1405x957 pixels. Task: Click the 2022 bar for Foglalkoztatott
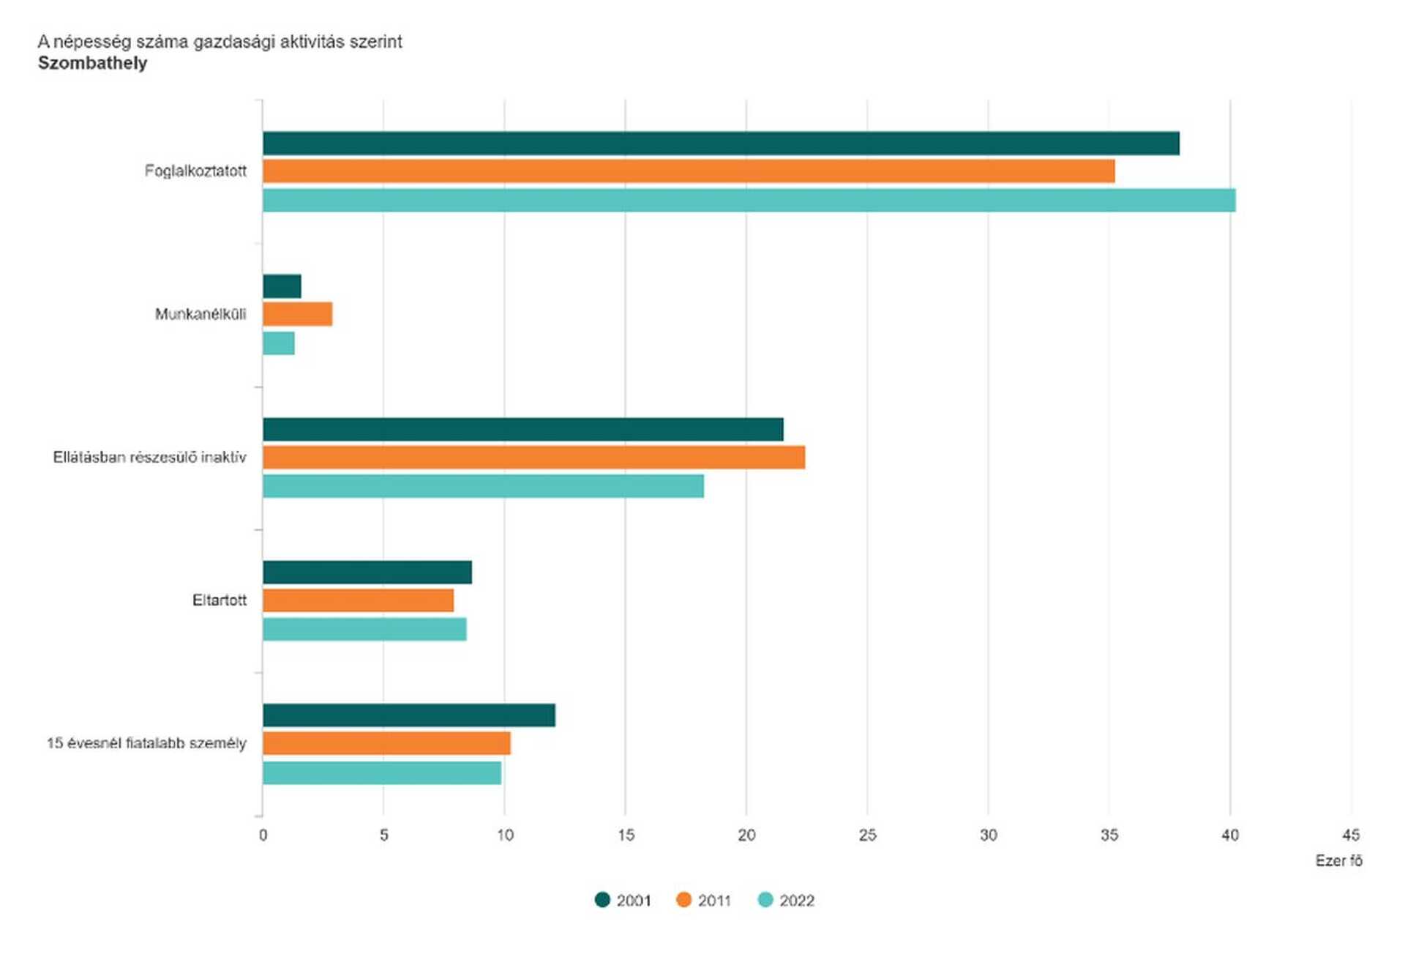(749, 200)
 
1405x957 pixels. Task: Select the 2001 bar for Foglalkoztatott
(721, 144)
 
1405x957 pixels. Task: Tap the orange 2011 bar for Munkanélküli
(297, 314)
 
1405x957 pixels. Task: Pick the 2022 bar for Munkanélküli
(279, 343)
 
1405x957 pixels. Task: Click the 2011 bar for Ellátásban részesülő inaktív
(533, 457)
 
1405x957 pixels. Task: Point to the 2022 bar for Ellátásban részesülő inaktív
(483, 486)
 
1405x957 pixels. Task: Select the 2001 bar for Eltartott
(367, 573)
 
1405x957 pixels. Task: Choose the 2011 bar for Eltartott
(358, 600)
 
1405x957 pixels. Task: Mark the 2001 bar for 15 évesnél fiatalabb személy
(409, 715)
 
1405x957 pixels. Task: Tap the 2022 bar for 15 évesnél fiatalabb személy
(382, 773)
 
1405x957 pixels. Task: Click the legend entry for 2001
(623, 900)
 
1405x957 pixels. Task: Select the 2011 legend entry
(703, 900)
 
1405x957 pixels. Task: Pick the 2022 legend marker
(765, 900)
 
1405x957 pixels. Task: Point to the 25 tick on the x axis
(867, 835)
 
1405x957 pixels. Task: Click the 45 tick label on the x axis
(1351, 835)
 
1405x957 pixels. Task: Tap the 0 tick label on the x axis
(263, 835)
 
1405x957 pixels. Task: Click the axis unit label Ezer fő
(1339, 860)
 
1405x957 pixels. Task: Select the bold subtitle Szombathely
(92, 63)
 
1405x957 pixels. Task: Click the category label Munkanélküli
(201, 314)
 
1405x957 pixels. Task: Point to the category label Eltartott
(220, 600)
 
